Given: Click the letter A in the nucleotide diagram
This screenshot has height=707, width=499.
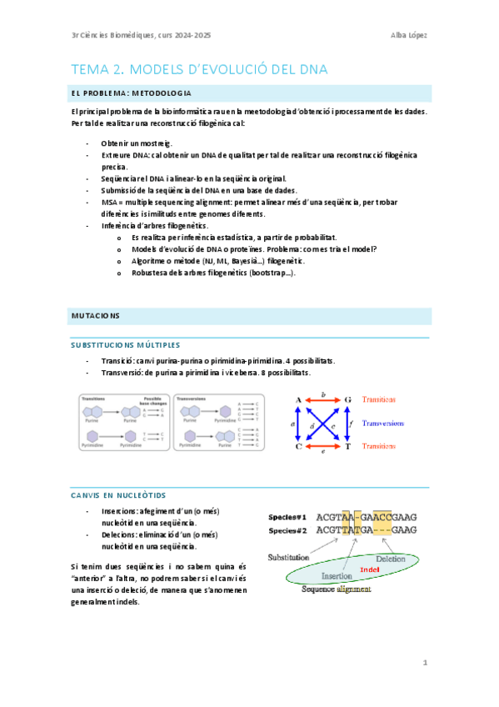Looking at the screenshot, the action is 297,399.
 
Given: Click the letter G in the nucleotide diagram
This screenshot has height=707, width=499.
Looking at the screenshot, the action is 347,399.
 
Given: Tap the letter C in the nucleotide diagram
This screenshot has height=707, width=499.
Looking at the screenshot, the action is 297,447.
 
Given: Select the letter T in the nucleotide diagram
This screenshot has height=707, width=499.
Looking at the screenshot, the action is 347,447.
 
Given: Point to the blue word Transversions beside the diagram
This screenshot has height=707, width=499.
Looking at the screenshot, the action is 389,423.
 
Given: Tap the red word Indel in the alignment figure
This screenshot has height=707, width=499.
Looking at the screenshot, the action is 369,569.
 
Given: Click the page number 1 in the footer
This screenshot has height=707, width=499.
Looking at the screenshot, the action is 425,663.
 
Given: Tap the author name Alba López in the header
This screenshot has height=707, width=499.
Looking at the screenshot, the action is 408,34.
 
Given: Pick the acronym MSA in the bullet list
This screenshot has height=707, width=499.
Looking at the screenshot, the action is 110,202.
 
